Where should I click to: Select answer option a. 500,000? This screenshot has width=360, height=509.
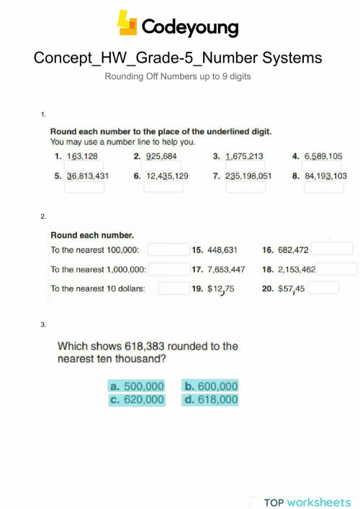click(x=137, y=386)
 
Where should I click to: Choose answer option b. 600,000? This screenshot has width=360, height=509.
click(x=210, y=386)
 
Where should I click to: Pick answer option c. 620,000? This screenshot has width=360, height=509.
click(x=137, y=400)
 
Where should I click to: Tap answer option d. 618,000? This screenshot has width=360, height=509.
click(x=210, y=400)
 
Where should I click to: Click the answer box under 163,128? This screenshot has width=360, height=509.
click(x=84, y=166)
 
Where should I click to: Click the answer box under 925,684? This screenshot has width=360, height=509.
click(x=163, y=166)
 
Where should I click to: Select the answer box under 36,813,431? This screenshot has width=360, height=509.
click(x=85, y=186)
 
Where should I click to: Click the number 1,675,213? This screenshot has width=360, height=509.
click(x=244, y=156)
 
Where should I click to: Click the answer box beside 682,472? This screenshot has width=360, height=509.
click(x=332, y=248)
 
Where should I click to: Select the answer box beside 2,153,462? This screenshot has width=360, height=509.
click(x=336, y=269)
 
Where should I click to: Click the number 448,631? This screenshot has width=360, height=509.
click(x=222, y=251)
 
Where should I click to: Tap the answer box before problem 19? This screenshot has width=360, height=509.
click(x=173, y=288)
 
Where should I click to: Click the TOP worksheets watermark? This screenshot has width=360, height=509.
click(x=307, y=501)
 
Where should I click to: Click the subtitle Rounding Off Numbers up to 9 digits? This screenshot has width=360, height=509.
click(x=178, y=76)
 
